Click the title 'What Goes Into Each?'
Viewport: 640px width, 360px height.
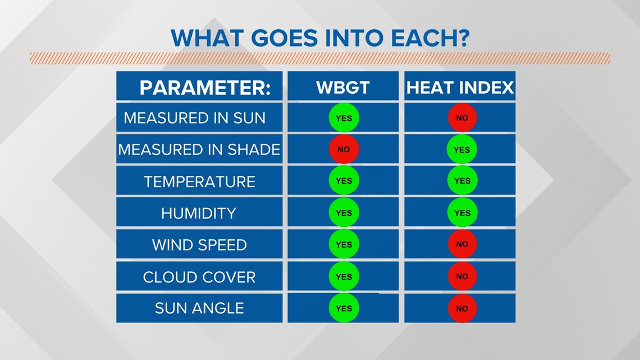320,38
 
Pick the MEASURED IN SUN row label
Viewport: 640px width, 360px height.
195,118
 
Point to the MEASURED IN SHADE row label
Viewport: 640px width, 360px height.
199,149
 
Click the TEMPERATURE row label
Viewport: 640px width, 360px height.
200,181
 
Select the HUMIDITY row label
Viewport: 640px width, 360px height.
199,213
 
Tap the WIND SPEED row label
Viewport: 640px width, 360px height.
200,244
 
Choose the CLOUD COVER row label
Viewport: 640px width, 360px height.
199,277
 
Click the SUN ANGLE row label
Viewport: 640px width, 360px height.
200,308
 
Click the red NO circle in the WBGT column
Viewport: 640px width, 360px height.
344,149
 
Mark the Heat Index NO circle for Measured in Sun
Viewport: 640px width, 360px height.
462,117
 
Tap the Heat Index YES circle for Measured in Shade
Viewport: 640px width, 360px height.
462,149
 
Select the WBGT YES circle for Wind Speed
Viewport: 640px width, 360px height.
344,244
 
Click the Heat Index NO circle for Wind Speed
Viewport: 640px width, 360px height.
462,244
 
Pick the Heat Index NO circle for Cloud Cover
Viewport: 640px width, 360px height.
462,276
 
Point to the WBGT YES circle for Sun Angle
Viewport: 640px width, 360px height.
344,308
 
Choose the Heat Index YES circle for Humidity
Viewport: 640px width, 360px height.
462,213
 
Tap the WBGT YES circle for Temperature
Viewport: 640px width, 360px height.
344,180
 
